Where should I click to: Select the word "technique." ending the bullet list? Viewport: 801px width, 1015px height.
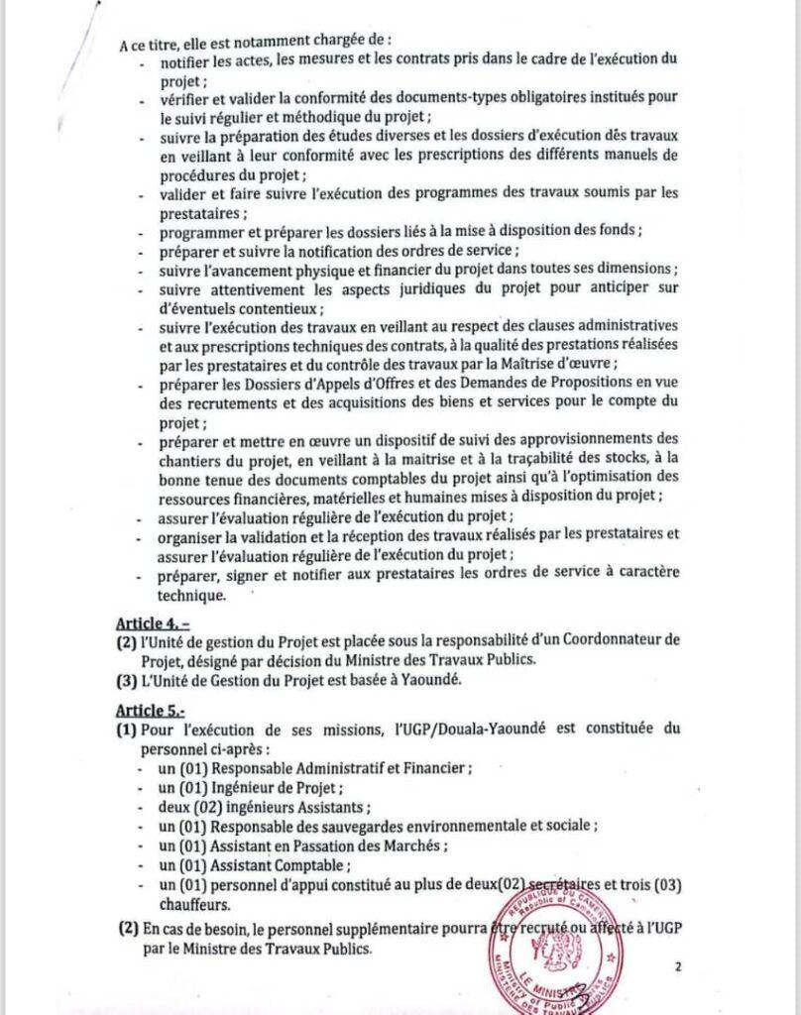[192, 596]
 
